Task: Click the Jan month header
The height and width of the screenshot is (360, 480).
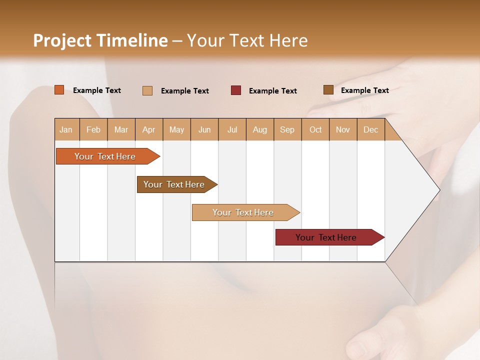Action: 66,129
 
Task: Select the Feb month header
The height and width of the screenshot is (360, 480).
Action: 93,129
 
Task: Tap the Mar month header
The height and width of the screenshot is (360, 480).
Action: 121,129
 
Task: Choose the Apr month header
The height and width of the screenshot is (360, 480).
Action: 149,129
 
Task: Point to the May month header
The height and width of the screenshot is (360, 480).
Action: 176,129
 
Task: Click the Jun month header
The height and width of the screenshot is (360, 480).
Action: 204,129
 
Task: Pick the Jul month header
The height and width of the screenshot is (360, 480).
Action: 232,129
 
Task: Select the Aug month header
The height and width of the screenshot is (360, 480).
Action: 260,129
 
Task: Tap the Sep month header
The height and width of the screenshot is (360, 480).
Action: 287,129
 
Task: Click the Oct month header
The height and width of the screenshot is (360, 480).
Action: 315,129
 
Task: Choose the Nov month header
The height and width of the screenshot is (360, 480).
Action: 343,129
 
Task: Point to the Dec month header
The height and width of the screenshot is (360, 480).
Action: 370,129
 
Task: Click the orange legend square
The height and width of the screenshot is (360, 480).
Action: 59,90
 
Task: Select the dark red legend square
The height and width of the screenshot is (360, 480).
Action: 236,90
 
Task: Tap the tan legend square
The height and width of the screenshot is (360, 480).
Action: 147,90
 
